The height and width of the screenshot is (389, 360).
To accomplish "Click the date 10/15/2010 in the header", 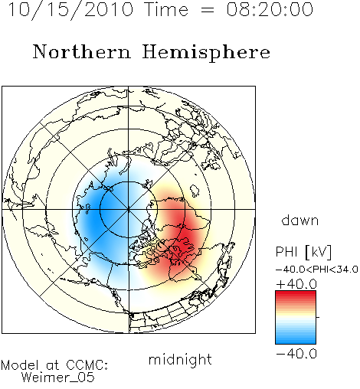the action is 70,10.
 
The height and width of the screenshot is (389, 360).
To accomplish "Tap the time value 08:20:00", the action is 270,10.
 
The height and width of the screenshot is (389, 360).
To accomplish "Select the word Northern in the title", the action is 82,52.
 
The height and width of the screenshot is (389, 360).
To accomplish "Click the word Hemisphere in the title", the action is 206,53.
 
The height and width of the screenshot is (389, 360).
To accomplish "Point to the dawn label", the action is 300,220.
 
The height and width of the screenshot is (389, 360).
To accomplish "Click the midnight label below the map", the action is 180,360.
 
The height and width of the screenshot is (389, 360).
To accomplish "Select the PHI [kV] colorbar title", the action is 303,252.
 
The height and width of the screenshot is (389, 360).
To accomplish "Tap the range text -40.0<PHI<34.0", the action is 317,270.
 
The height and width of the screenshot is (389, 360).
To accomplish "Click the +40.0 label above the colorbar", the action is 296,284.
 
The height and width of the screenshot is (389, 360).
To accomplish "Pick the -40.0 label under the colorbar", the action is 296,354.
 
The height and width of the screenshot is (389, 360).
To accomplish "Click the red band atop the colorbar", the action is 296,294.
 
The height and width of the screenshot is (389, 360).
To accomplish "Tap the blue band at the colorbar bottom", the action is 296,340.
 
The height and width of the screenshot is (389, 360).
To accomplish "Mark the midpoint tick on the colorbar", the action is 318,317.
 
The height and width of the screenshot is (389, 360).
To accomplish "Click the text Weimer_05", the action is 58,377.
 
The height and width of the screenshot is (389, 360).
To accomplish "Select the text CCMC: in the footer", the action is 87,365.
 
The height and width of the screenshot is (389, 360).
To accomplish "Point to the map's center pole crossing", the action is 129,209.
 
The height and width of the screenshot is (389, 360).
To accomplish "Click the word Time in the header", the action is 166,9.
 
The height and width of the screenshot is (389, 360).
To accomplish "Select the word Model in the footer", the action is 20,365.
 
